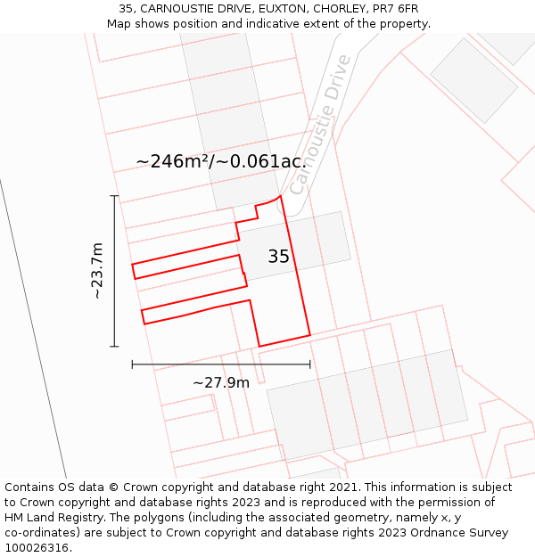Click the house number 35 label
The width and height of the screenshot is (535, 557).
tap(278, 257)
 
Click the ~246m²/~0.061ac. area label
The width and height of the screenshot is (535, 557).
tap(221, 161)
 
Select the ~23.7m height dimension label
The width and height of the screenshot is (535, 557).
tap(97, 270)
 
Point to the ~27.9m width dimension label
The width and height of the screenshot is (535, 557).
tap(221, 382)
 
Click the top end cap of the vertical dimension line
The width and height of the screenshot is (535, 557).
tap(114, 196)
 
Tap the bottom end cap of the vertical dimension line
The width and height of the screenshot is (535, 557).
tap(114, 346)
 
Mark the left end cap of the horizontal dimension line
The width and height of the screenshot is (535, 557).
tap(132, 364)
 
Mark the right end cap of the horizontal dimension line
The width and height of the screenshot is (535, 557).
tap(310, 364)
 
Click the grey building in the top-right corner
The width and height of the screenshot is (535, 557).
tap(473, 79)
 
